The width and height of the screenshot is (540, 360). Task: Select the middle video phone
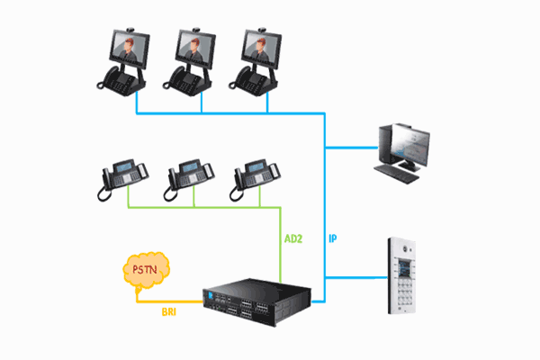coord(193,59)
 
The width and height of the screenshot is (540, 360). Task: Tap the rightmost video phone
coord(257,59)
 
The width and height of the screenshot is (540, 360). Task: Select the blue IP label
coord(333,240)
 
